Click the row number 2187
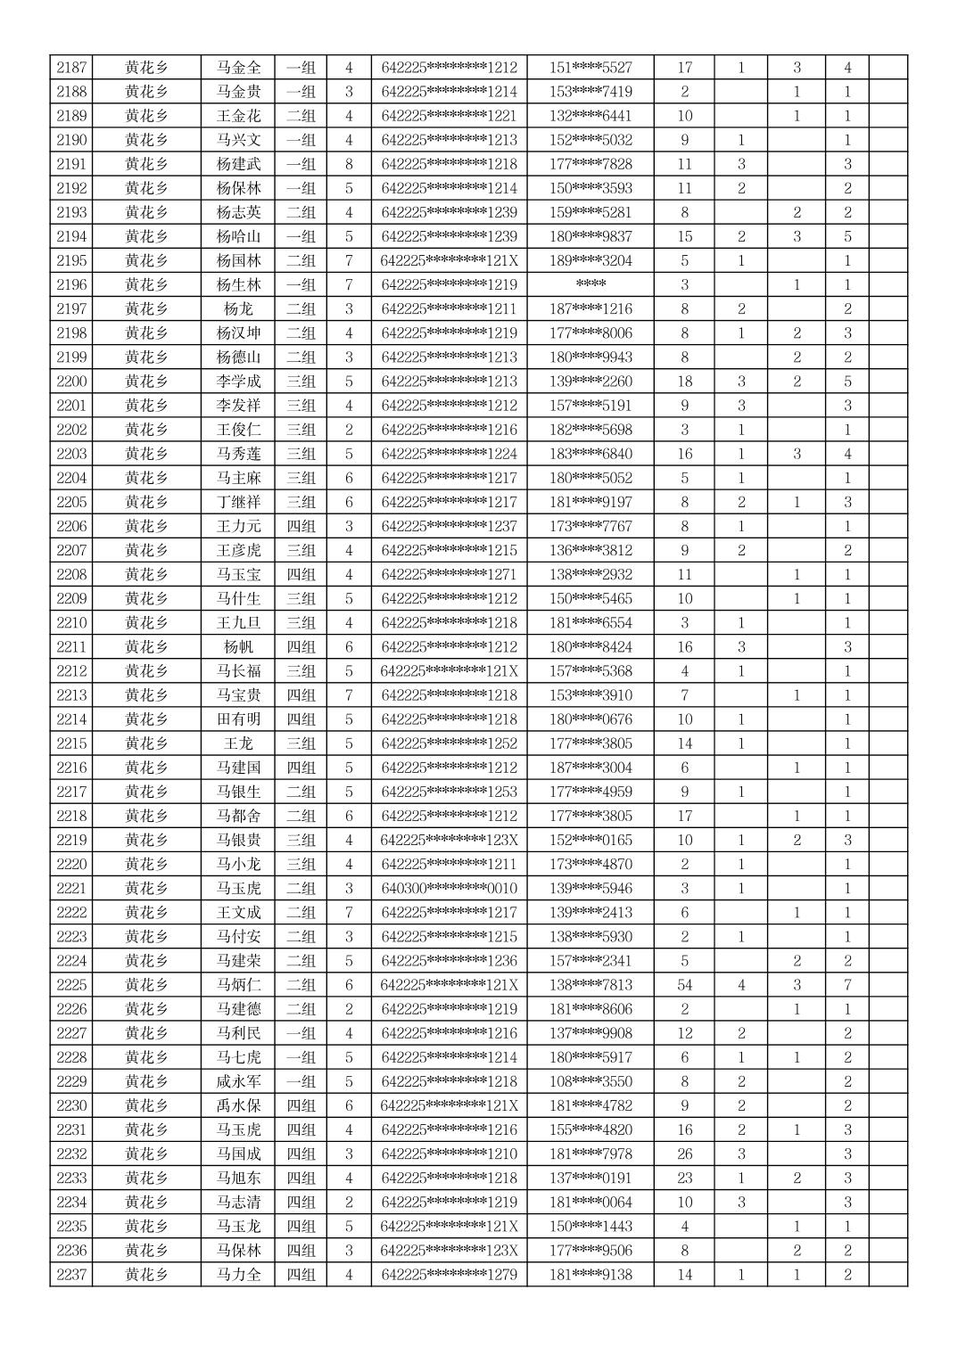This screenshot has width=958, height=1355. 71,68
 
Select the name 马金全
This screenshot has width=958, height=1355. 238,68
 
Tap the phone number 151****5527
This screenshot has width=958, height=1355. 590,68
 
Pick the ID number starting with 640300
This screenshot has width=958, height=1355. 449,889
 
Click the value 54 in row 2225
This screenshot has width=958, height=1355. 684,985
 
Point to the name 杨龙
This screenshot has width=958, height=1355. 238,309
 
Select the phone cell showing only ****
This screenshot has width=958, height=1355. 590,285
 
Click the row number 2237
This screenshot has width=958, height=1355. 71,1275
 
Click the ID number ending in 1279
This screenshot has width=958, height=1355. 449,1275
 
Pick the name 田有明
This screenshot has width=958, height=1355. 238,719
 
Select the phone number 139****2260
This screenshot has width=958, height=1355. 590,382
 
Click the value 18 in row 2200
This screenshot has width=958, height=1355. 684,382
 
